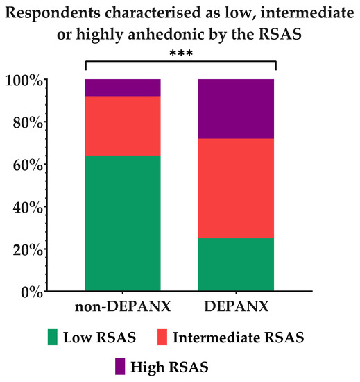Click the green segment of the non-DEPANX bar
tap(122, 223)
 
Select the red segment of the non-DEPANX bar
tap(122, 125)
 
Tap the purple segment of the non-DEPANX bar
tap(122, 88)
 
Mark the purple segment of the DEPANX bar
tap(236, 109)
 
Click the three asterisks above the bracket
tap(180, 53)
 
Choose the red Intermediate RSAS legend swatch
tap(160, 338)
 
